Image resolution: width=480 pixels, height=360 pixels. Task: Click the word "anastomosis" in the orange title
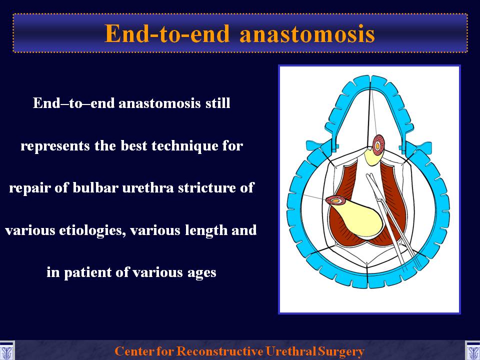(x=307, y=33)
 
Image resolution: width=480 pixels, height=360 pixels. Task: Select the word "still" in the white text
(x=218, y=103)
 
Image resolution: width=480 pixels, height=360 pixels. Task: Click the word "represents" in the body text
(x=55, y=146)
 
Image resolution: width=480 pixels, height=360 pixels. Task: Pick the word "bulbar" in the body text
(x=95, y=187)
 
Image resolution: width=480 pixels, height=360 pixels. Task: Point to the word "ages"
(x=201, y=273)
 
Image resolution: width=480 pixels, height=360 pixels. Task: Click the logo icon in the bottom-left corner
(x=6, y=350)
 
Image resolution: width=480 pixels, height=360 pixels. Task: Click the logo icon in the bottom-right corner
(x=472, y=350)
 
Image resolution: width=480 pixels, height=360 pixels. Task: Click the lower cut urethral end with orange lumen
(x=336, y=200)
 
